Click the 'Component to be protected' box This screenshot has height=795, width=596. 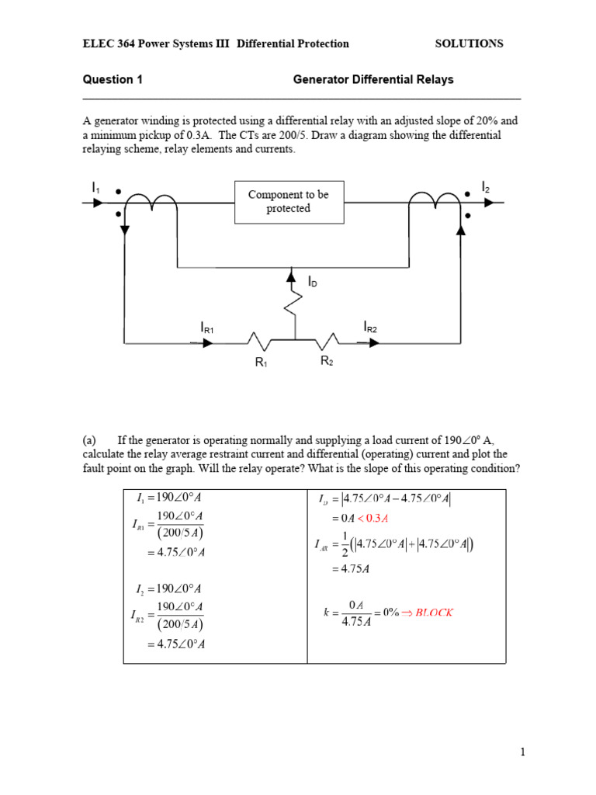click(289, 202)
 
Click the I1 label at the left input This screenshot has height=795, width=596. click(95, 188)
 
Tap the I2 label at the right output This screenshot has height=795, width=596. click(486, 187)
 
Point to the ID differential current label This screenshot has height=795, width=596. click(313, 283)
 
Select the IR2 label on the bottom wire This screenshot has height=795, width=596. click(370, 328)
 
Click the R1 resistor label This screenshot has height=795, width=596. click(262, 363)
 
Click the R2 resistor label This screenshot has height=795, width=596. click(327, 361)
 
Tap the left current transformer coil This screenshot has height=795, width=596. click(151, 201)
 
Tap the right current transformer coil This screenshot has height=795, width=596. click(435, 200)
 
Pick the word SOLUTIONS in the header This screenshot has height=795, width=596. click(469, 44)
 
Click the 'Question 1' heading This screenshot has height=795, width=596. click(113, 79)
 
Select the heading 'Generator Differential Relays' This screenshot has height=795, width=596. click(372, 79)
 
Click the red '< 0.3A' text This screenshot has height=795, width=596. click(372, 519)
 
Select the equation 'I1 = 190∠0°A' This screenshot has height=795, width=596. click(168, 498)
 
